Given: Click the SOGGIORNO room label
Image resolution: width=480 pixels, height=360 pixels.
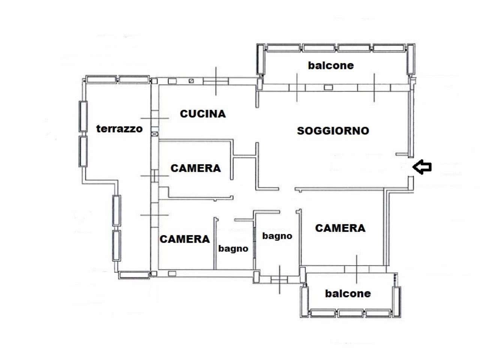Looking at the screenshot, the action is point(333,131).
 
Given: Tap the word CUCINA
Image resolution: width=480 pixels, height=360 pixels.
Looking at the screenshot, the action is point(203,114).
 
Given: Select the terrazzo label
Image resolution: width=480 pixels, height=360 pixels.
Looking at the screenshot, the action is point(119,129).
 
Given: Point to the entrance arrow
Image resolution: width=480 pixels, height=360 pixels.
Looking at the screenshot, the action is point(422,167).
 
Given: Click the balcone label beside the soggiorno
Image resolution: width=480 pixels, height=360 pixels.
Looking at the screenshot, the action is point(331,65).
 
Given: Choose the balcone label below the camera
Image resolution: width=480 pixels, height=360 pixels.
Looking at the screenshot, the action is point(348,293).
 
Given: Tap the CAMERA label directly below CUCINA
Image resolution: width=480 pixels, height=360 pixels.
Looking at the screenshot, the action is point(196,168).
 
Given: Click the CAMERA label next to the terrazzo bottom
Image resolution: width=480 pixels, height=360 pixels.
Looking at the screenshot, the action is point(185,239).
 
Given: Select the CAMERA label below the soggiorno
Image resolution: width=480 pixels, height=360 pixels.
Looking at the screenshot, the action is point(340,228).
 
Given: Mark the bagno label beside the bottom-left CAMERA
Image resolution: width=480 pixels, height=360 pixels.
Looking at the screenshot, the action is point(233,249).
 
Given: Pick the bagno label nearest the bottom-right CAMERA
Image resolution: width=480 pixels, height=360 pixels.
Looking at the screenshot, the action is point(277,236).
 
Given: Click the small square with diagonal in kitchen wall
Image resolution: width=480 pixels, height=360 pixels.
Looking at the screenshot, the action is point(191,81).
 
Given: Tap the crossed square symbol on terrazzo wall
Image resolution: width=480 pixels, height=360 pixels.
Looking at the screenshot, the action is point(154,134).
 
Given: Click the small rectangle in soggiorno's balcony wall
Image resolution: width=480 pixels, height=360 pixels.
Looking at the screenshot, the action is point(328,87).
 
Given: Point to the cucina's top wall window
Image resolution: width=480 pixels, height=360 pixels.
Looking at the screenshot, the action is point(216,81).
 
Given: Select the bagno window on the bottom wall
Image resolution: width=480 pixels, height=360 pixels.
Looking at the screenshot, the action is point(279,280).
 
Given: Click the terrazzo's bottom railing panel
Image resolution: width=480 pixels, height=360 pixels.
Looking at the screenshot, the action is point(134,275).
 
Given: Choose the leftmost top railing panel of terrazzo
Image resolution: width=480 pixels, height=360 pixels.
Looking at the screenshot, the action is point(101,79).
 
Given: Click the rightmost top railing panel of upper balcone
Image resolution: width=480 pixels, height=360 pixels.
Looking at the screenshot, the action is point(388,48).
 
